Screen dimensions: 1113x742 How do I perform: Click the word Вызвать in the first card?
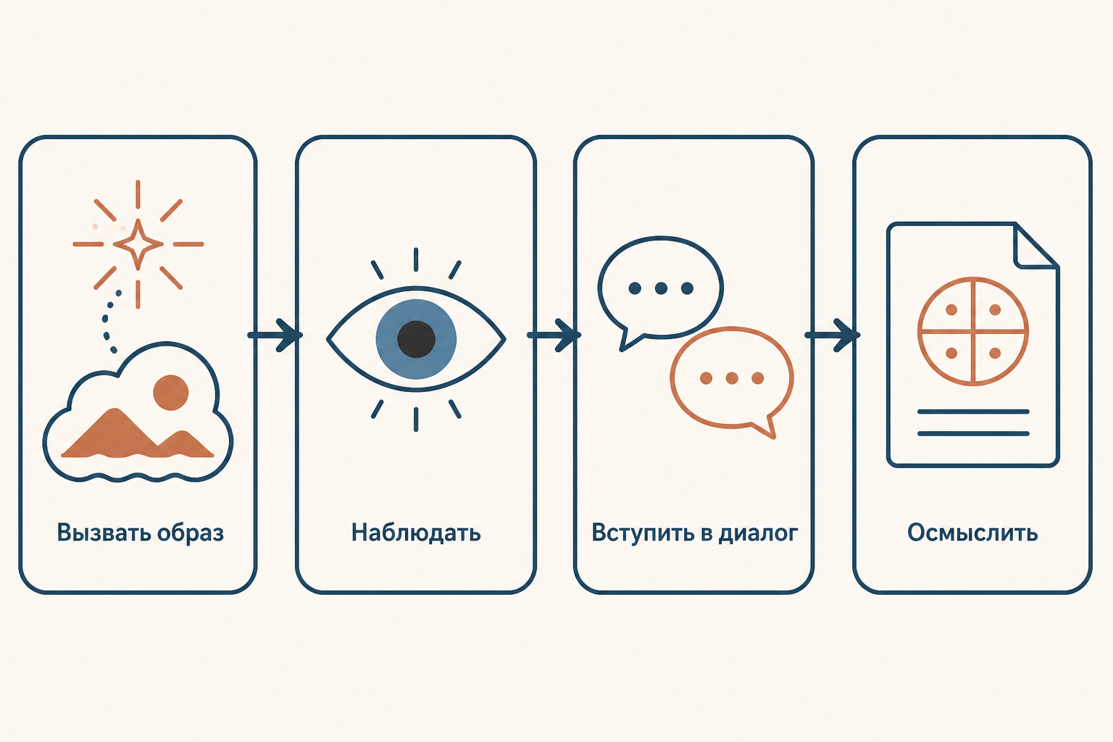coord(104,533)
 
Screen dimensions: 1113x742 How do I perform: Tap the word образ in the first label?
coord(191,533)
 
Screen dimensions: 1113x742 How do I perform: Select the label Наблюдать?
coord(416,533)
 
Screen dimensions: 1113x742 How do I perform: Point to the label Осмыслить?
coord(972,533)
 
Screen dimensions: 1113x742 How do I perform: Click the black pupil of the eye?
coord(417,339)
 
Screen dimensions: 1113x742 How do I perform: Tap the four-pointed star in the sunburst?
coord(138,244)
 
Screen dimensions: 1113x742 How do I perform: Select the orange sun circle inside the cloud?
coord(171,393)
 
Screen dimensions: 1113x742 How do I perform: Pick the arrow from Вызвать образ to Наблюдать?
coord(275,335)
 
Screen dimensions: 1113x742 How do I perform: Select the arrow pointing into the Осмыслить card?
coord(833,335)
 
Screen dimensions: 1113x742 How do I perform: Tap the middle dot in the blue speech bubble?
coord(661,288)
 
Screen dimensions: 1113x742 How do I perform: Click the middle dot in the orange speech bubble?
coord(732,378)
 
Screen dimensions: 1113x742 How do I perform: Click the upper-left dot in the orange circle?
coord(951,309)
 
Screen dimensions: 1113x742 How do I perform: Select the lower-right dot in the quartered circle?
coord(995,353)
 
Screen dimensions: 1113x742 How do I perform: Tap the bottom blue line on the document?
coord(973,433)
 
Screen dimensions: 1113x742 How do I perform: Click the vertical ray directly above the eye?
coord(416,259)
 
